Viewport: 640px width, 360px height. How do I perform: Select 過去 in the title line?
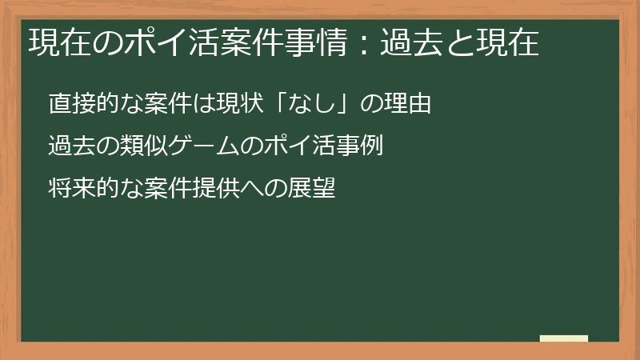(x=409, y=42)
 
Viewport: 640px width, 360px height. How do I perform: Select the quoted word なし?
(x=310, y=104)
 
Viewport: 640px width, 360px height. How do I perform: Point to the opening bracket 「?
(x=280, y=104)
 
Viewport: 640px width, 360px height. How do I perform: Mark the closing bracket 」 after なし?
(x=340, y=104)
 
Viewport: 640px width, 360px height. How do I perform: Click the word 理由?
(x=410, y=104)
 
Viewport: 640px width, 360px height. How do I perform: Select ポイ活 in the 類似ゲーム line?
(x=304, y=146)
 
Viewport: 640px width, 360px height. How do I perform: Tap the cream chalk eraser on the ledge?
(x=563, y=338)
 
